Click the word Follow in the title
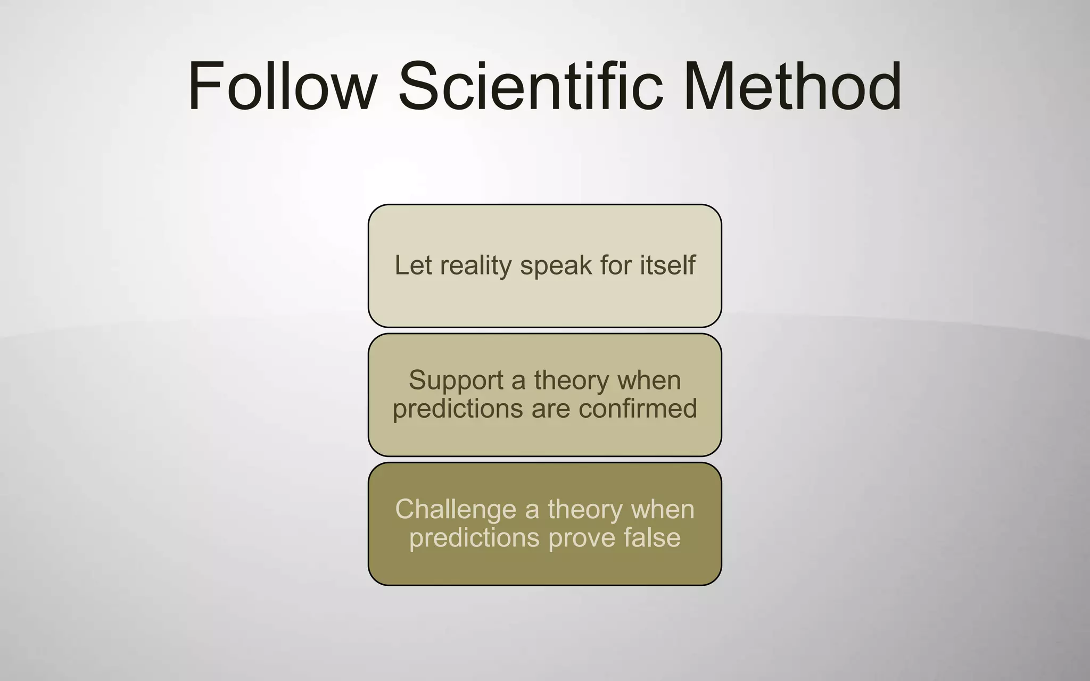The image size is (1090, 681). point(283,86)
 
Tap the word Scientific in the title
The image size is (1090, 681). point(531,86)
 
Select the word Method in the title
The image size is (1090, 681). point(793,86)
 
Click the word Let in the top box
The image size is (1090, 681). point(413,265)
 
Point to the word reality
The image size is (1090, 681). point(475,266)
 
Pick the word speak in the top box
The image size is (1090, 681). point(556,266)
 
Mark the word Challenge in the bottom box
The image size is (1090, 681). point(456,510)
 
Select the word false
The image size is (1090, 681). point(652,537)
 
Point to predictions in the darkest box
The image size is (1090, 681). point(474,538)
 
